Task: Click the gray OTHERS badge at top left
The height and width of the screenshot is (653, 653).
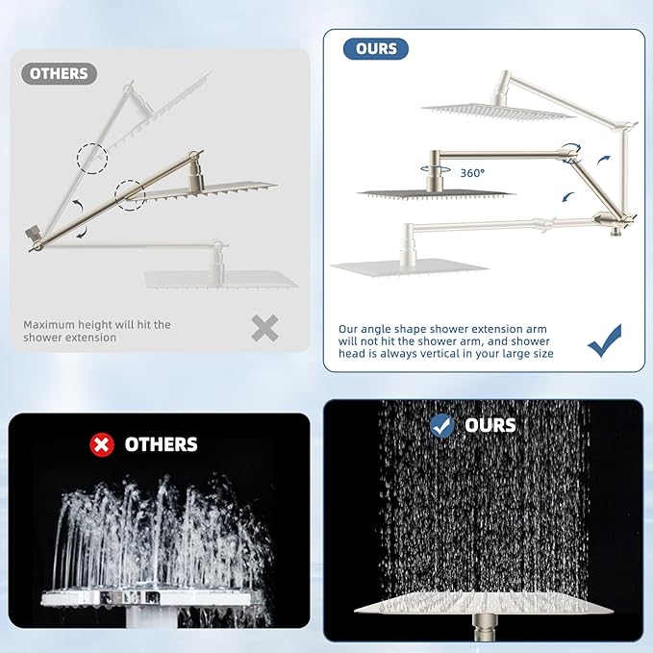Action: pyautogui.click(x=59, y=74)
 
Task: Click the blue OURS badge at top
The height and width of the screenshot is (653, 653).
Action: pyautogui.click(x=376, y=48)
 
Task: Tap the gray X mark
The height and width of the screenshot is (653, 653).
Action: pyautogui.click(x=264, y=329)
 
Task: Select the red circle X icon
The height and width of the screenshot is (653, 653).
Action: pyautogui.click(x=101, y=444)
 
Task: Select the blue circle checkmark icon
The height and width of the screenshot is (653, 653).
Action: pyautogui.click(x=442, y=425)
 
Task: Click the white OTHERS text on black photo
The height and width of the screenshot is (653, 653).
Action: pyautogui.click(x=161, y=444)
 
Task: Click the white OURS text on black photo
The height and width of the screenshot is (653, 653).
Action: pyautogui.click(x=490, y=425)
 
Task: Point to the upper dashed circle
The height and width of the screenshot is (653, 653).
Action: pyautogui.click(x=93, y=157)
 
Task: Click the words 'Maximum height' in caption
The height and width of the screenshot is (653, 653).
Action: pyautogui.click(x=66, y=325)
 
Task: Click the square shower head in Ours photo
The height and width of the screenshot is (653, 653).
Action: pyautogui.click(x=481, y=609)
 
